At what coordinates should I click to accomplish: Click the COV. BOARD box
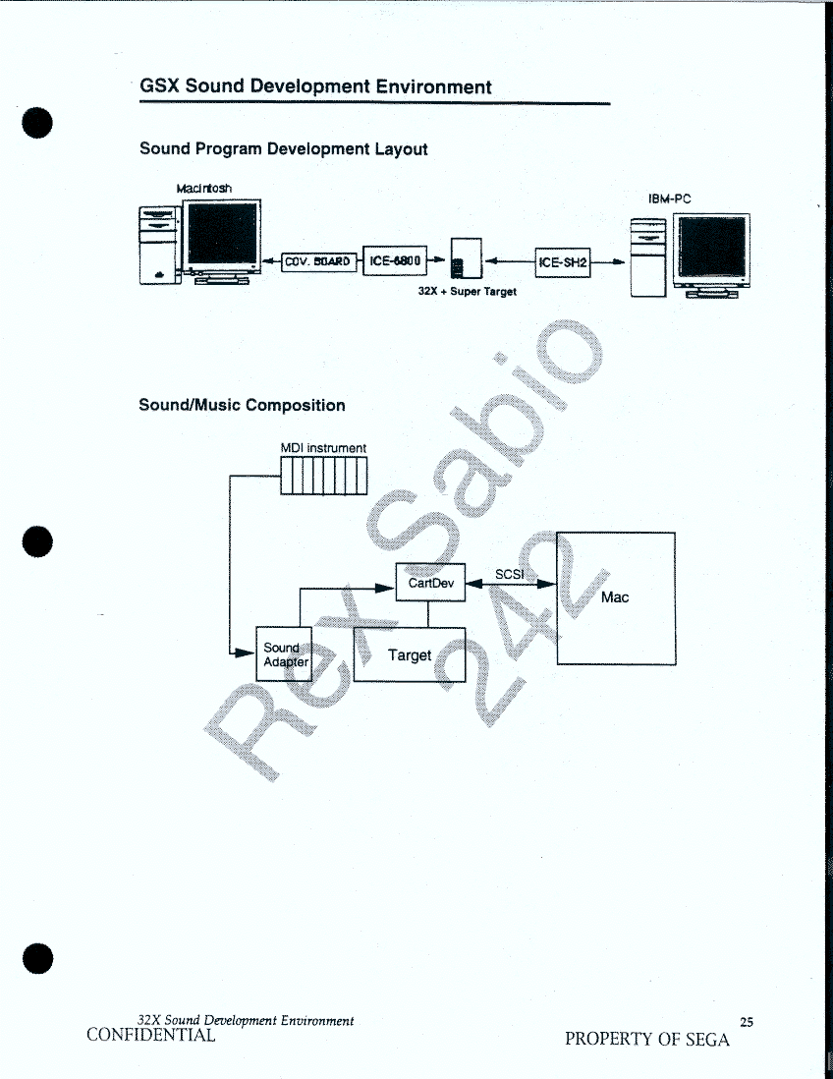(319, 261)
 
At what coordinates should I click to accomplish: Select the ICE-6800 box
(395, 260)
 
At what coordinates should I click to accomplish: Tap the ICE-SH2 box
(563, 262)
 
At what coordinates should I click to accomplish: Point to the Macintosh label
(203, 189)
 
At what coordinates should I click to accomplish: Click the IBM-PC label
(669, 199)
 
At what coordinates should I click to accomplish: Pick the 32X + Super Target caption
(467, 291)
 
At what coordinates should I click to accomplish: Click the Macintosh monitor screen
(221, 234)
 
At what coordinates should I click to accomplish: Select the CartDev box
(430, 582)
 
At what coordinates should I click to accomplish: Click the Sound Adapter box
(284, 653)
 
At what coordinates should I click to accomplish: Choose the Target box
(410, 654)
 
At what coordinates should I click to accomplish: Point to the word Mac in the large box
(615, 597)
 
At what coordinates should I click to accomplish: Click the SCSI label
(510, 574)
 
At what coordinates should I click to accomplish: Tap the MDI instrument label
(323, 448)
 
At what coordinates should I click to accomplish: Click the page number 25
(747, 1023)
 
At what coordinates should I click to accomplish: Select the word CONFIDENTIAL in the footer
(150, 1035)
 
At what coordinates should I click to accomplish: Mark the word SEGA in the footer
(707, 1039)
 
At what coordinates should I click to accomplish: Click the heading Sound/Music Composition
(242, 405)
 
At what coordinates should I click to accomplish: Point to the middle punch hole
(37, 541)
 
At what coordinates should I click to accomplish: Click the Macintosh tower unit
(159, 245)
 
